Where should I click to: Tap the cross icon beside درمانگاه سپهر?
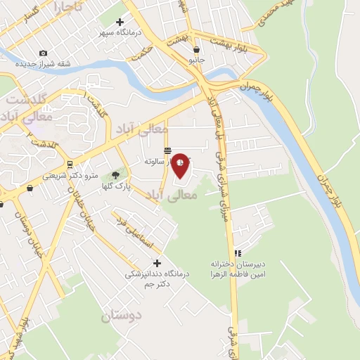(x=120, y=22)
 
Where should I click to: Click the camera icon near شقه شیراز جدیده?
(x=44, y=53)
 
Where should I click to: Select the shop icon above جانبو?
(x=196, y=50)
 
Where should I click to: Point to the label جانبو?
(x=196, y=60)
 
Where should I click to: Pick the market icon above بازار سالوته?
(x=167, y=150)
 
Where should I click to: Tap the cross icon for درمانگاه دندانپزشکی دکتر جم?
(x=155, y=263)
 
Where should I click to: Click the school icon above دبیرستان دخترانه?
(x=238, y=253)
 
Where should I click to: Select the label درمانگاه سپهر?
(x=120, y=33)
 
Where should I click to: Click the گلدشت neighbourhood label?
(x=30, y=100)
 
